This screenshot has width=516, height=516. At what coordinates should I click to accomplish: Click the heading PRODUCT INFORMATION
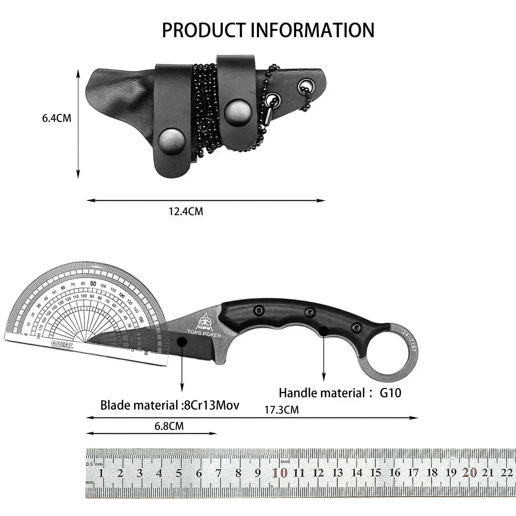tap(268, 30)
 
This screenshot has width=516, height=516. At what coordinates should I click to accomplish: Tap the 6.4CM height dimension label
tap(57, 118)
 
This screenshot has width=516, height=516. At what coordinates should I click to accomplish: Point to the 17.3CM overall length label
tap(281, 410)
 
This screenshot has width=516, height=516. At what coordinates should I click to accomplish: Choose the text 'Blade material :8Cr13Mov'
tap(170, 405)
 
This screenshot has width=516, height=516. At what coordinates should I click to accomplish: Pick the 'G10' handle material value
tap(391, 393)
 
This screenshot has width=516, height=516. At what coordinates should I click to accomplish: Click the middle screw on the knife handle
tap(310, 312)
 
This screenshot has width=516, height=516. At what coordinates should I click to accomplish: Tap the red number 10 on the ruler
tap(281, 473)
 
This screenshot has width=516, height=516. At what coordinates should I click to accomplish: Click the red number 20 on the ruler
tap(469, 472)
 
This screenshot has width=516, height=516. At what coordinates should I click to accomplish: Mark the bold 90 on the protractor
tap(93, 283)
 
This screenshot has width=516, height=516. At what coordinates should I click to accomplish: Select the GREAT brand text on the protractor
tap(62, 344)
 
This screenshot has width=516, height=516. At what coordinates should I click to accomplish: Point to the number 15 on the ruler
tap(376, 473)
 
